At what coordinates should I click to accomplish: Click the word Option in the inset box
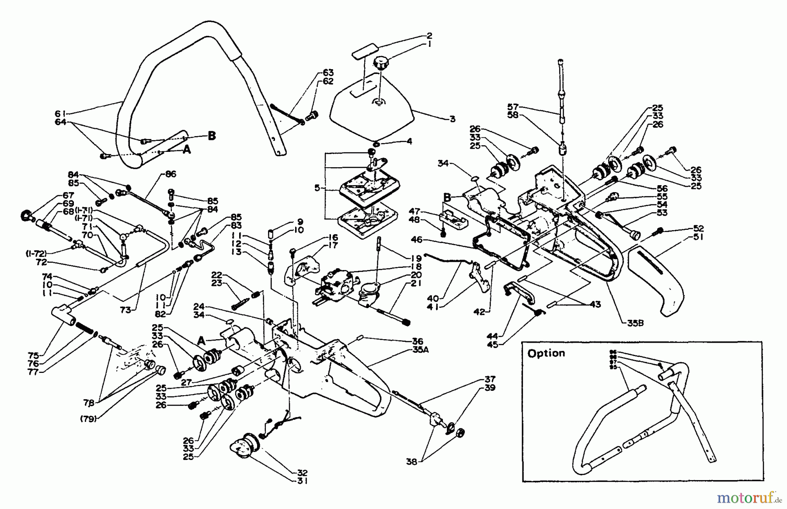[546, 353]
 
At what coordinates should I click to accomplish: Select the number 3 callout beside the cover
[453, 119]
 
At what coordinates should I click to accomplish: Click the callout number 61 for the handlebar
[60, 114]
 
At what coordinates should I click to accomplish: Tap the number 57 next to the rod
[513, 106]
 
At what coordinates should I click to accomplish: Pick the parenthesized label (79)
[88, 418]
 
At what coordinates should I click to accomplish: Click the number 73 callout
[126, 310]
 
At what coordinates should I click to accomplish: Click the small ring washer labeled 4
[376, 144]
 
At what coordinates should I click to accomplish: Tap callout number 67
[68, 195]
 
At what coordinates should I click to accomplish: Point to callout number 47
[414, 211]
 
